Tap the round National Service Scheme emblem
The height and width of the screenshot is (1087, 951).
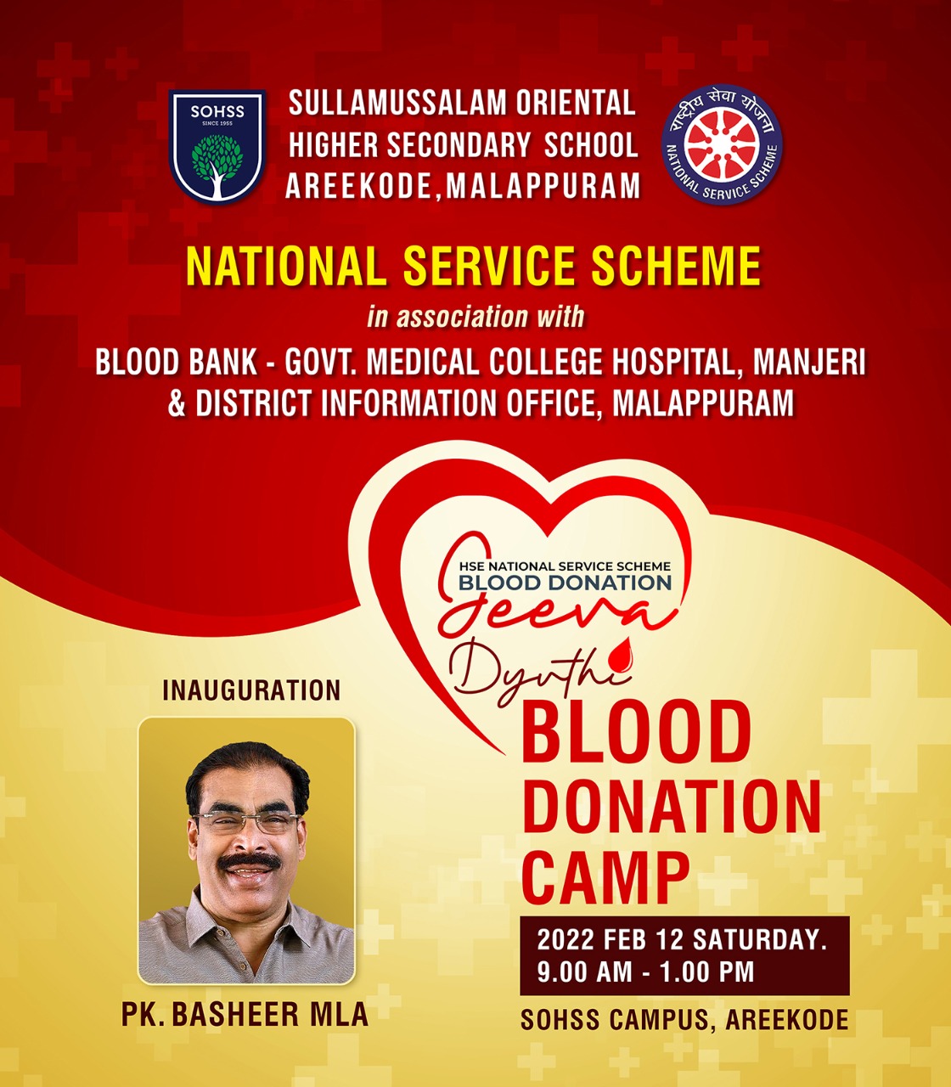[x=721, y=144]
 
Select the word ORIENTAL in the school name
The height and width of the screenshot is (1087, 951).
[x=576, y=103]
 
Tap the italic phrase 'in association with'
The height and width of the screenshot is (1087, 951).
[x=475, y=317]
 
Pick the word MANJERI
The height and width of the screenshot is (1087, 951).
[x=809, y=363]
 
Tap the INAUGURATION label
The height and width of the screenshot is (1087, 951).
[x=251, y=690]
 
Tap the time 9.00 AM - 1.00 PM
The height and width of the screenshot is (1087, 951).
[x=645, y=972]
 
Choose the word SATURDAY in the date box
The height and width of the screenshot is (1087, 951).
[x=760, y=939]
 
